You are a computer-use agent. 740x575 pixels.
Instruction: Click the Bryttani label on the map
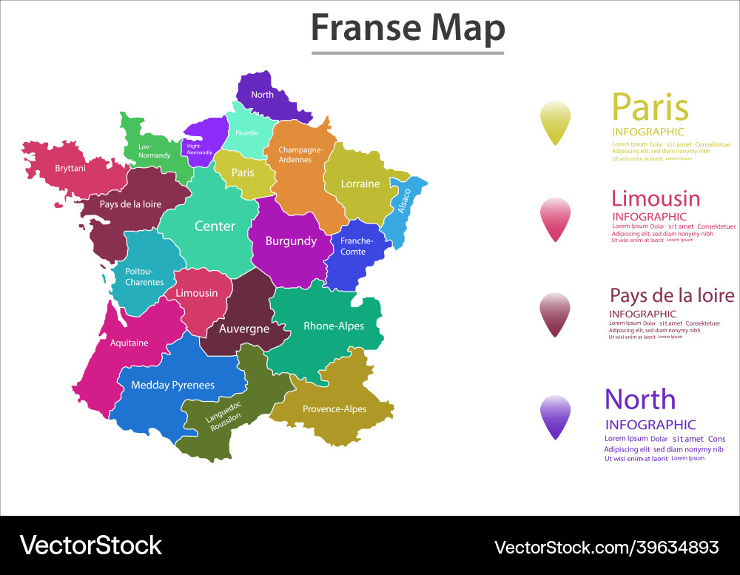click(x=70, y=169)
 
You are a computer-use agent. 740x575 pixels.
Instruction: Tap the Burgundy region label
click(x=291, y=241)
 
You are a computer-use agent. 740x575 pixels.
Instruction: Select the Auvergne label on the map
click(x=244, y=329)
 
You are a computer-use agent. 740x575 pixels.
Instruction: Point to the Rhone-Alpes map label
click(x=334, y=326)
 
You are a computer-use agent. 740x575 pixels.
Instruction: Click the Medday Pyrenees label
click(x=172, y=385)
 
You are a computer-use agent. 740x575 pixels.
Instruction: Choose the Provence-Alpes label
click(x=334, y=409)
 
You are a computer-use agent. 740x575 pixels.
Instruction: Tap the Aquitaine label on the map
click(x=129, y=343)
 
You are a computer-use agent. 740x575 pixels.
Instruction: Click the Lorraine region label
click(x=360, y=184)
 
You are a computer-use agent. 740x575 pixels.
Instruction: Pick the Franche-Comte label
click(x=357, y=246)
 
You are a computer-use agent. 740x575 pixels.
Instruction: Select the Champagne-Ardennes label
click(x=300, y=155)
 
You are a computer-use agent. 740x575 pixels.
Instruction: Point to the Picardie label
click(x=246, y=133)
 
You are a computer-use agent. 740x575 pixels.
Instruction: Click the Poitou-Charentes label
click(x=144, y=277)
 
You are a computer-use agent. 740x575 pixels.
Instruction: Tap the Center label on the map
click(x=215, y=226)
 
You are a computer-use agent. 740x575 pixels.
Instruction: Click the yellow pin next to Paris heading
click(x=556, y=121)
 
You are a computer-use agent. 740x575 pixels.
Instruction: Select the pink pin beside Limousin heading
click(x=556, y=218)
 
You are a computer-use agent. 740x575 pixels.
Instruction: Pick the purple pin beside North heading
click(x=556, y=416)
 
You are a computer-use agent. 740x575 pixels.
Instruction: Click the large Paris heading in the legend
click(x=650, y=107)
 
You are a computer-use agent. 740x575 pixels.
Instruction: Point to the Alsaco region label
click(x=404, y=201)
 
